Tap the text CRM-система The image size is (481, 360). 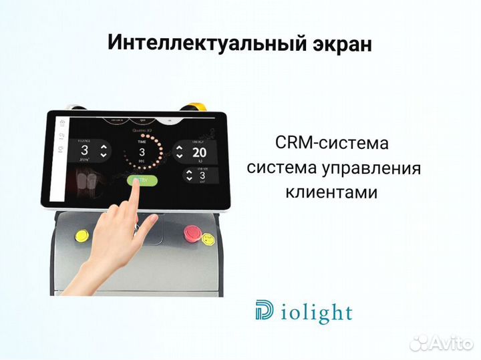click(331, 143)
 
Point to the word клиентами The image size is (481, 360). click(331, 192)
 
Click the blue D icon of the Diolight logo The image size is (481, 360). click(264, 311)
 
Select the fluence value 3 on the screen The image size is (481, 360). click(85, 150)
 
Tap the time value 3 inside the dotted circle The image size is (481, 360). click(142, 152)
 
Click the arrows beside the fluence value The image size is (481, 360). click(103, 150)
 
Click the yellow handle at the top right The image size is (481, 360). click(198, 106)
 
